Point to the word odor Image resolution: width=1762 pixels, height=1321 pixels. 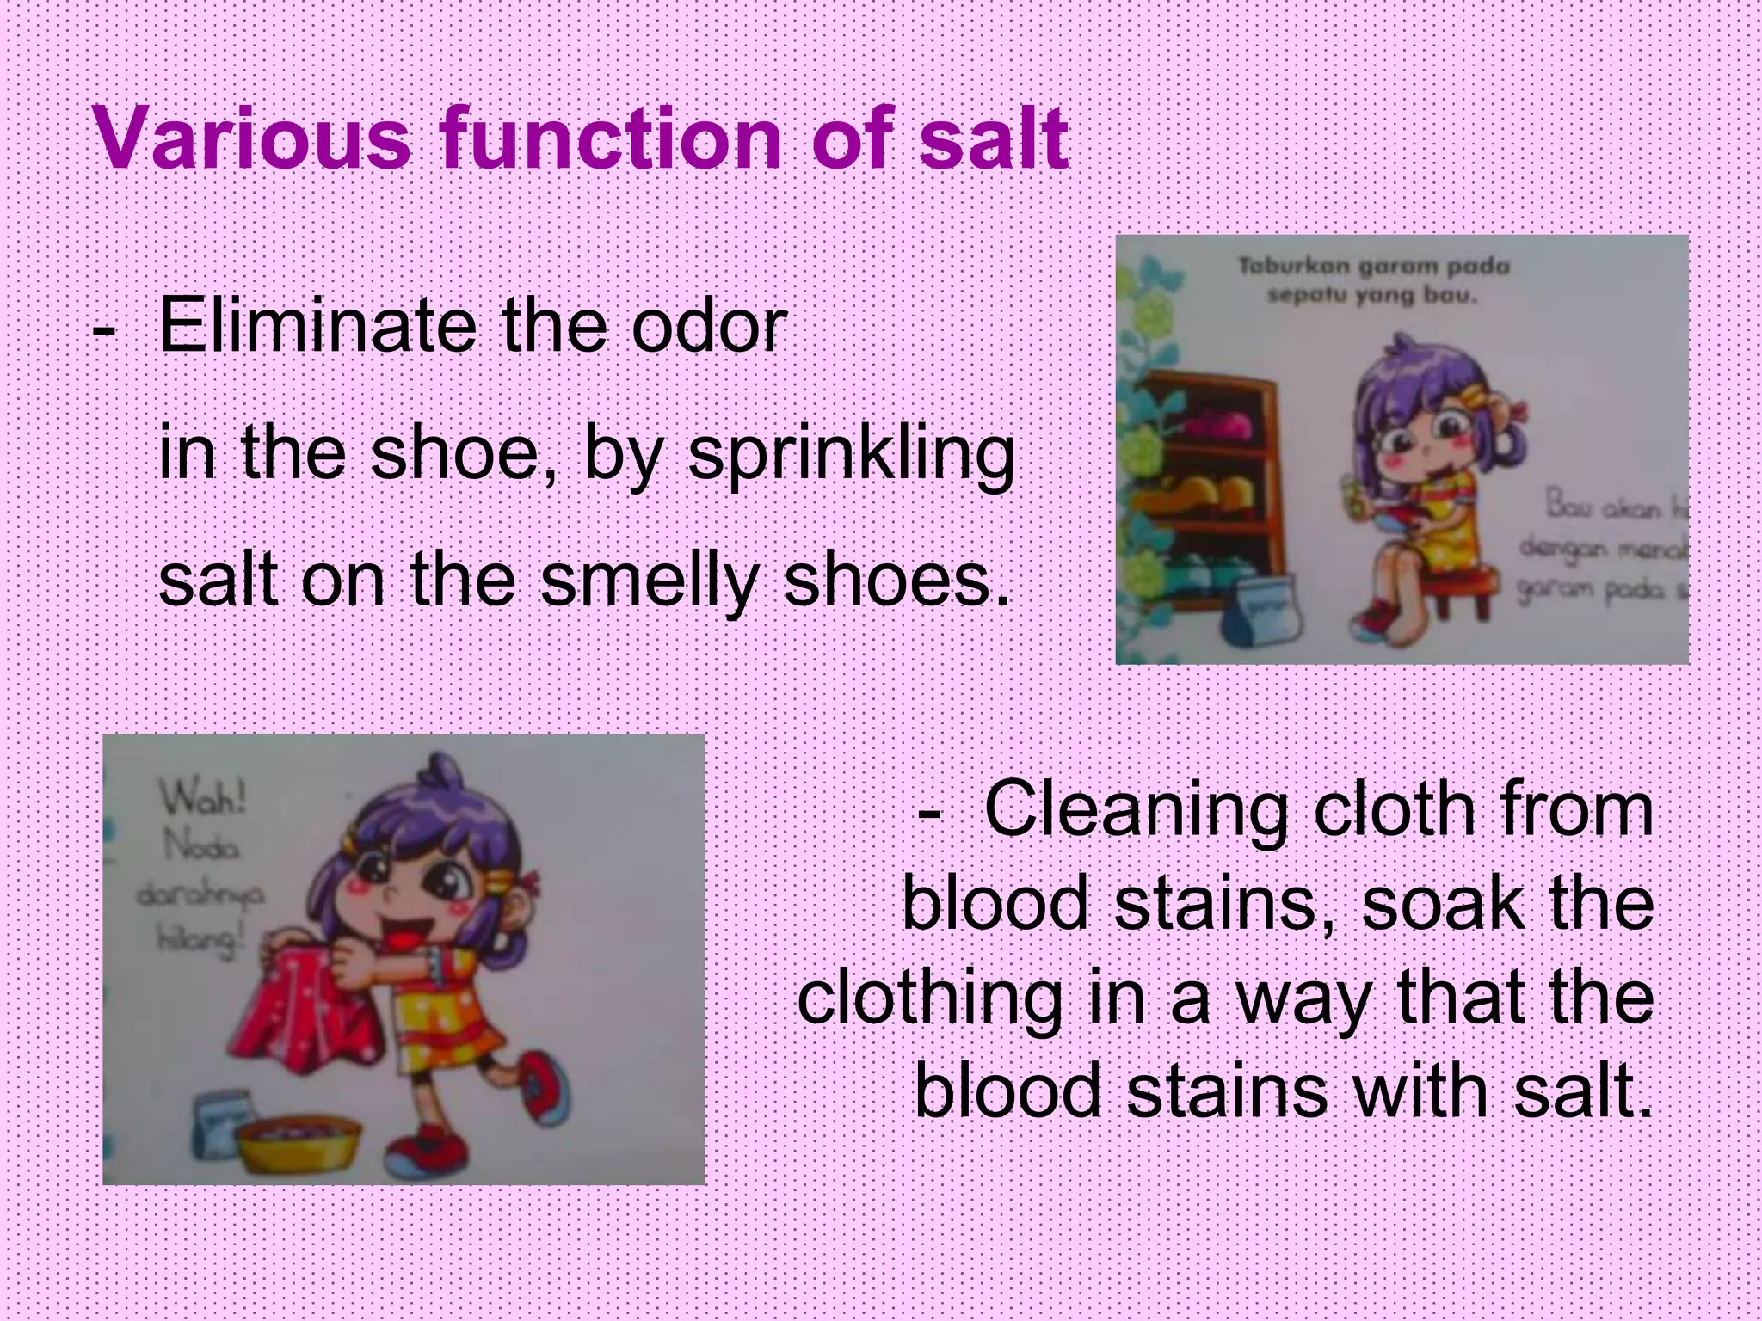point(709,327)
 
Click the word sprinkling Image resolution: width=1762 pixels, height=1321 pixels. point(852,456)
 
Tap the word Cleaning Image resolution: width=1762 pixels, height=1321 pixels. point(1136,812)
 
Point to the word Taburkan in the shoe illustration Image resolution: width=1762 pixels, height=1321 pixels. point(1294,267)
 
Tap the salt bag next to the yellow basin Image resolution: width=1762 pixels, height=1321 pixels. point(222,1127)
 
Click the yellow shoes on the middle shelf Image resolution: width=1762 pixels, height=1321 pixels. point(1204,494)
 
